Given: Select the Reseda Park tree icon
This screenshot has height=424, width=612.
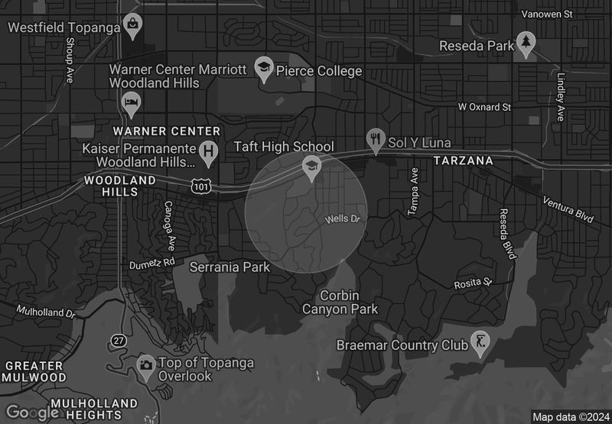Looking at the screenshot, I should coord(526,44).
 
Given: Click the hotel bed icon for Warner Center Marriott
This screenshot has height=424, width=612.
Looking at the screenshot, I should coord(130,102).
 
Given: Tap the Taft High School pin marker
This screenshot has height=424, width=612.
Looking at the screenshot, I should coord(311,167).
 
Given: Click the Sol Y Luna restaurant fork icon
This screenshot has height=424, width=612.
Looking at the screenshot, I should coord(375,141).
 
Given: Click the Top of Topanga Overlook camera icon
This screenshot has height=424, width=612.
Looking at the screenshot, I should coord(145,364).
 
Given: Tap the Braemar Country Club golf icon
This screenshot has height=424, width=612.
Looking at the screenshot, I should coord(480,345).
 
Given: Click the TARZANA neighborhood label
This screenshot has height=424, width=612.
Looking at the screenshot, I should coord(464,161).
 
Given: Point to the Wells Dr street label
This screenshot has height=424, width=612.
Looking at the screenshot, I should coord(342,219).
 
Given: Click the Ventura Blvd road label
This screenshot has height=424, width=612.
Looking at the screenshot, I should coord(568,209).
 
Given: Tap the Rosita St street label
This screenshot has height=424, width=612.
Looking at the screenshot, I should coord(472,283).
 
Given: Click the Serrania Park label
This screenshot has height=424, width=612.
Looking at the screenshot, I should coord(229,267).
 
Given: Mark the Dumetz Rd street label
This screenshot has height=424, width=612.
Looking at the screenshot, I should coord(152,264).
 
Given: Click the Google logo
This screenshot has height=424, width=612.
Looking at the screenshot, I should coord(32,413).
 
